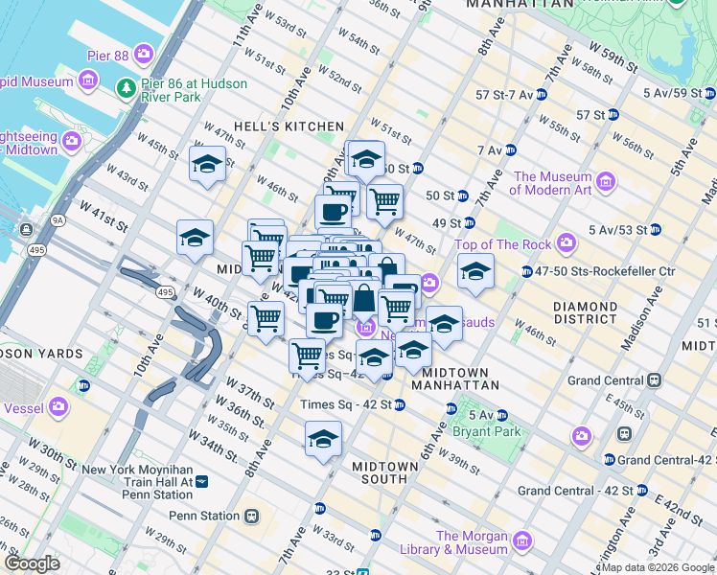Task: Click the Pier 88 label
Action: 107,56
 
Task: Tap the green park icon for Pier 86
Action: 126,89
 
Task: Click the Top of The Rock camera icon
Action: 567,242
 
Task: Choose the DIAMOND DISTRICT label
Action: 585,312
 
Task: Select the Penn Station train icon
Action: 252,516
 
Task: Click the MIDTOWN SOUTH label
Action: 384,472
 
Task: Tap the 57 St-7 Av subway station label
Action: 503,95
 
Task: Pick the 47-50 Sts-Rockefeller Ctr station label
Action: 591,272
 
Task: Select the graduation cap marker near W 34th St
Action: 323,442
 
